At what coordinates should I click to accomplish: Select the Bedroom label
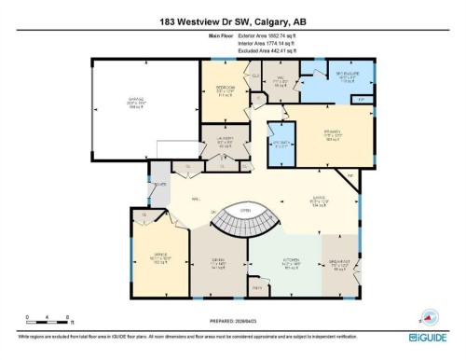[225, 91]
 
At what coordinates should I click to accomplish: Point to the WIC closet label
[277, 83]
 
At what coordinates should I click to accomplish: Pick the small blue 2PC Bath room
[281, 144]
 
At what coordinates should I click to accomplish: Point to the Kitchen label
[291, 266]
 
